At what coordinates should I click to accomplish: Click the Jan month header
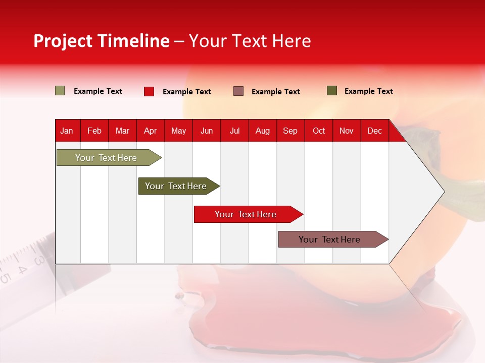click(67, 131)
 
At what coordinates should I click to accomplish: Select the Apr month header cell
click(150, 131)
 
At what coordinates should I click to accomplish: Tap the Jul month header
click(234, 131)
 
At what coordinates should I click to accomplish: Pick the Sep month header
click(290, 131)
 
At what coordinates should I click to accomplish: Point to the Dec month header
click(374, 131)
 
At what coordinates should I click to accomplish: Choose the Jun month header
click(207, 131)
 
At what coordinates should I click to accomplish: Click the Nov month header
click(346, 131)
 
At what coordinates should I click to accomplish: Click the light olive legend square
click(60, 91)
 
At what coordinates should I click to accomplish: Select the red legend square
click(149, 91)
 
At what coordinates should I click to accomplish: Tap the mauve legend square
click(238, 91)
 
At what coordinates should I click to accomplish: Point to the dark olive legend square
click(332, 91)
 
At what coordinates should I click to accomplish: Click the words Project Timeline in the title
click(102, 41)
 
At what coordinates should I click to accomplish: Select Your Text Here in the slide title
click(250, 41)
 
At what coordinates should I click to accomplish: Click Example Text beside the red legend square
click(187, 92)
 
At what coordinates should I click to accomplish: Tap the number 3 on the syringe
click(38, 261)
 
